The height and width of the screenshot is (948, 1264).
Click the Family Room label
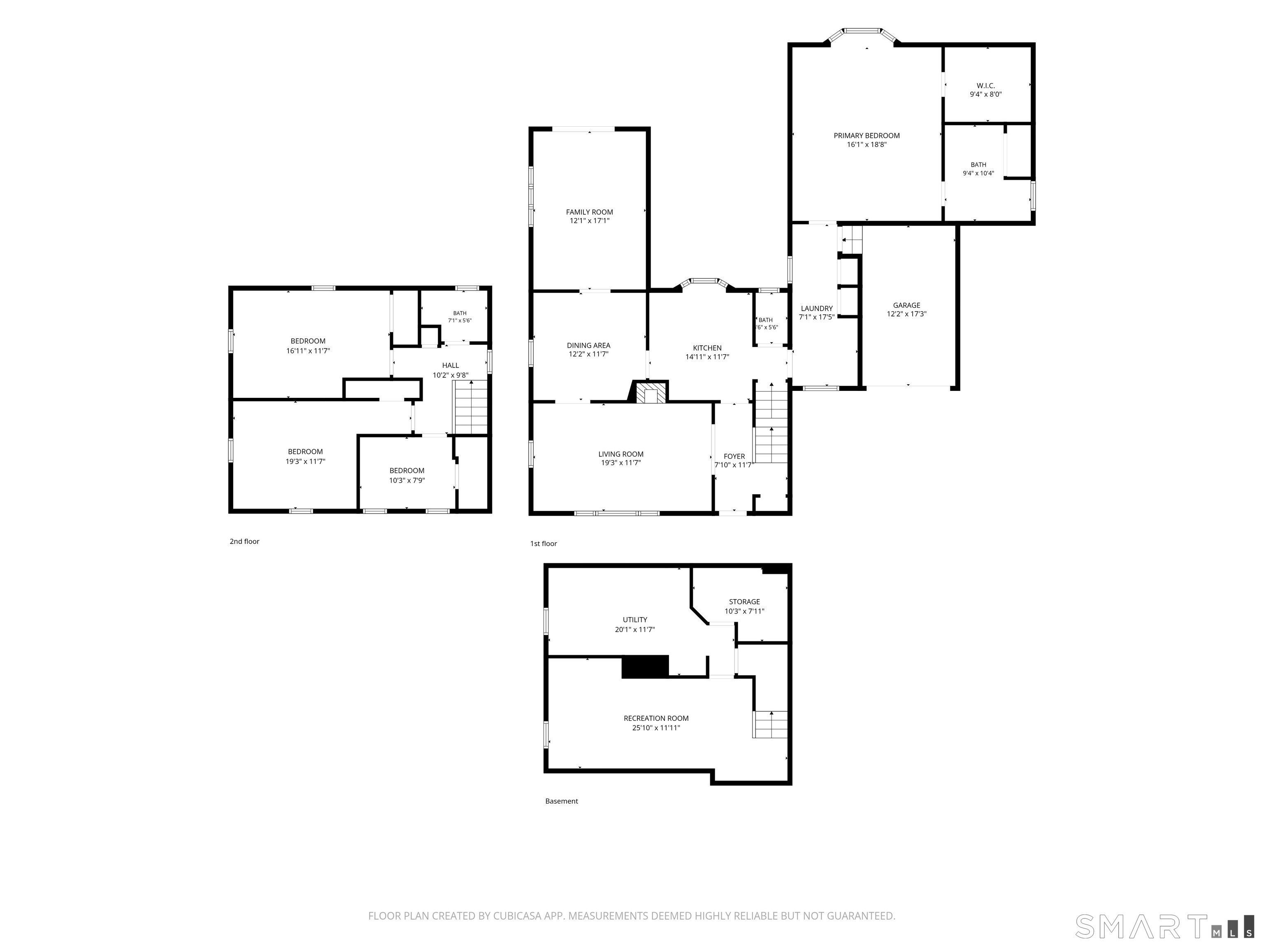tap(589, 212)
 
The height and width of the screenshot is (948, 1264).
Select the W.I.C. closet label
tap(986, 86)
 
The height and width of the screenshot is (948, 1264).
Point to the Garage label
tap(906, 305)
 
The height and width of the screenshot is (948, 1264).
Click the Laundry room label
tap(817, 309)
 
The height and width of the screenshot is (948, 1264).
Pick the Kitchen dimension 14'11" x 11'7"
tap(707, 357)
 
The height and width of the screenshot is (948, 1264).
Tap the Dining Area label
tap(588, 345)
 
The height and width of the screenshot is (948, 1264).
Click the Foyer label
tap(734, 457)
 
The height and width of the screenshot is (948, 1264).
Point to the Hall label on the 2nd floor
tap(450, 366)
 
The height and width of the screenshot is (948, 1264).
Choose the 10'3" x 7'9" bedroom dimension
tap(407, 481)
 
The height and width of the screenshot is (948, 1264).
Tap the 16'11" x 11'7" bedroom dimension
tap(308, 351)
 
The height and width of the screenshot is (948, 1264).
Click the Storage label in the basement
tap(744, 602)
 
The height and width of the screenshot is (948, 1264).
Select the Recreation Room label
tap(656, 718)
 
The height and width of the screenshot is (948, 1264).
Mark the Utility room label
tap(635, 620)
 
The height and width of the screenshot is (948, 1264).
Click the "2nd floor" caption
tap(244, 541)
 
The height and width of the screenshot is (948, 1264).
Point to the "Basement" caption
tap(561, 801)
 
